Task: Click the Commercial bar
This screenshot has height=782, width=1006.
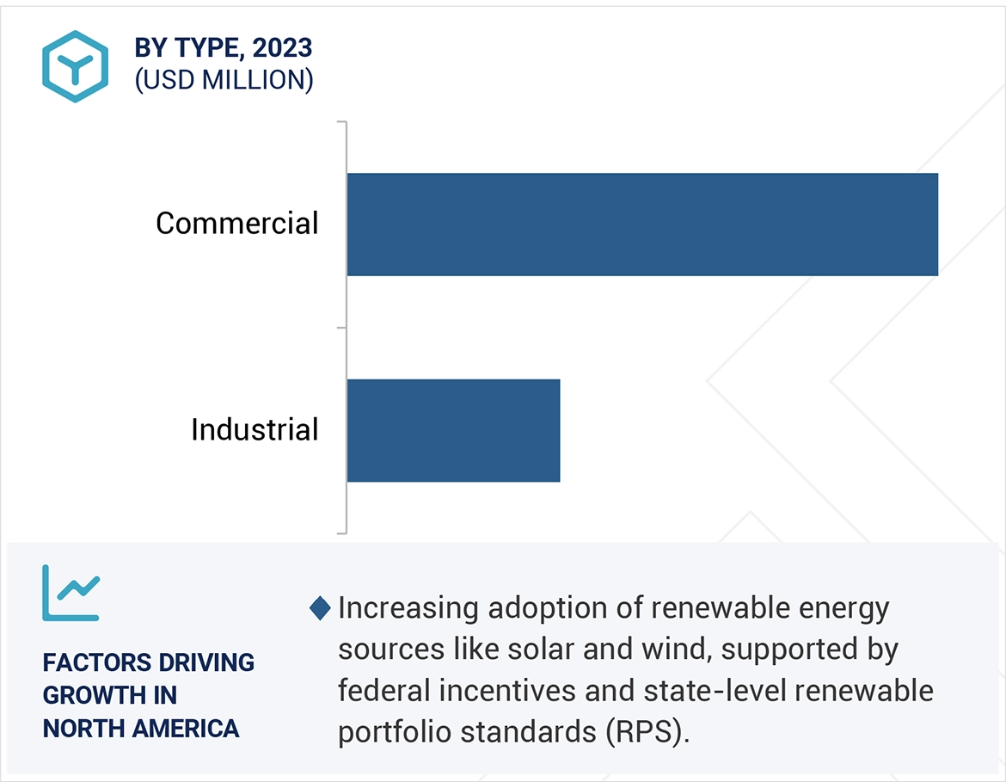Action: pos(641,225)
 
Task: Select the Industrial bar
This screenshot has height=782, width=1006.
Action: pos(453,430)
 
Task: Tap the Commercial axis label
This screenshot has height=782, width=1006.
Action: pos(236,224)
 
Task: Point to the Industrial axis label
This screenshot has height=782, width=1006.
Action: pos(255,429)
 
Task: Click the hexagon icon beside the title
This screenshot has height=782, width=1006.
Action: pos(75,67)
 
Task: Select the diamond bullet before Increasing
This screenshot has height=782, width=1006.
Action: pos(320,609)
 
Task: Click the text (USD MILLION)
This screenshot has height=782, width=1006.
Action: pos(224,80)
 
